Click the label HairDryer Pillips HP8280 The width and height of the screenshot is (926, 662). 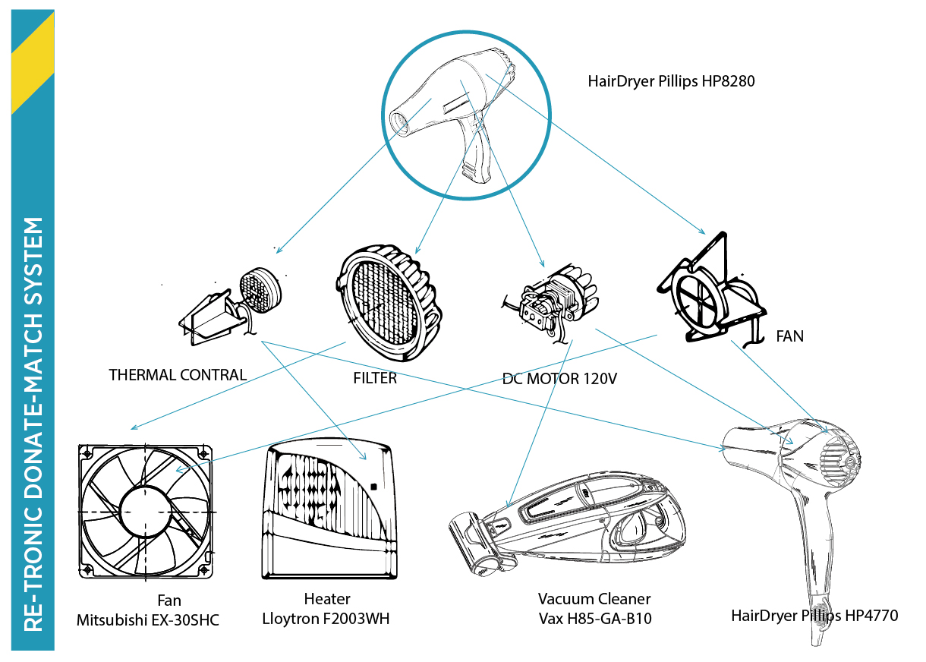click(671, 81)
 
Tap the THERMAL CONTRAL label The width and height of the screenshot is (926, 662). click(178, 374)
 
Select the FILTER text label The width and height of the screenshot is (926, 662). click(374, 378)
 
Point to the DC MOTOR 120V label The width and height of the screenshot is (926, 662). click(559, 379)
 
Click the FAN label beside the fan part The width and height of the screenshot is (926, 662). click(789, 336)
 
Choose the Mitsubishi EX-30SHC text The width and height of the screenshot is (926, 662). click(147, 619)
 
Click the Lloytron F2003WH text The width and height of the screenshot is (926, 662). click(326, 619)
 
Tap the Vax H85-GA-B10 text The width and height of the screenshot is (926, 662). click(595, 619)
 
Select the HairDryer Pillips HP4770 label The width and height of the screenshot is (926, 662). click(814, 616)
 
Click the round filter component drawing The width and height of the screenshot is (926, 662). click(388, 303)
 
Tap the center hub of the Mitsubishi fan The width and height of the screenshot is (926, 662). click(145, 511)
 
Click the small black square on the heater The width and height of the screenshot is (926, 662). click(373, 487)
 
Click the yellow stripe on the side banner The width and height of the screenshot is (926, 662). click(33, 63)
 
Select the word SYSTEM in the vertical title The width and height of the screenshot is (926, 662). click(33, 261)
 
